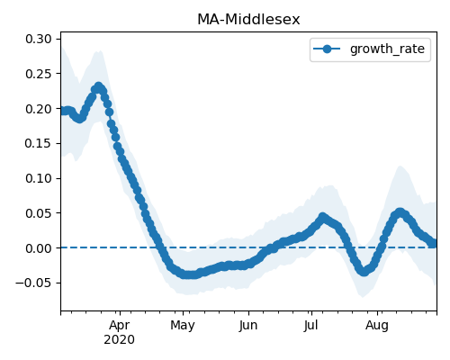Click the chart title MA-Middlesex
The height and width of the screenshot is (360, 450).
coord(248,20)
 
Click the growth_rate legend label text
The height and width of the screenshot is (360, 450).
coord(387,49)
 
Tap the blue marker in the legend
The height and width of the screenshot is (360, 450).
coord(327,49)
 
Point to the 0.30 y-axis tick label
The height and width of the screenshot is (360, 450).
coord(39,39)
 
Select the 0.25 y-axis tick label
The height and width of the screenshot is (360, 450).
coord(39,74)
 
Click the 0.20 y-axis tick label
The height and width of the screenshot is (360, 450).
coord(39,109)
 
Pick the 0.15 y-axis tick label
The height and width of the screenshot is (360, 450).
coord(39,143)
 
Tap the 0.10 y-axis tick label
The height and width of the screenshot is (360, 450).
coord(39,178)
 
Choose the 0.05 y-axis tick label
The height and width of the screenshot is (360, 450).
coord(39,213)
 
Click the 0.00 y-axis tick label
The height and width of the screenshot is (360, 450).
coord(39,248)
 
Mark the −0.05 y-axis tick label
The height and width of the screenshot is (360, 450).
coord(33,283)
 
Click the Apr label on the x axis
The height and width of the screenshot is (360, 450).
coord(120,326)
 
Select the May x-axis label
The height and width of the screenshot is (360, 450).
coord(183,326)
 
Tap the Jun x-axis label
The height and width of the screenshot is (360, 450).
coord(248,326)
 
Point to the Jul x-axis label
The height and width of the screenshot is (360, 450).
coord(310,326)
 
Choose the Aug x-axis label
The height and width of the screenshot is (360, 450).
coord(377,326)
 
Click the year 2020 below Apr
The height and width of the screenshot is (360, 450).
coord(119,340)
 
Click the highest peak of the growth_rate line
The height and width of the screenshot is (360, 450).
coord(99,86)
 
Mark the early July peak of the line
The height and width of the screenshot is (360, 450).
coord(322,217)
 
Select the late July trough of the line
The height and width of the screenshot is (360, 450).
coord(364,272)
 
